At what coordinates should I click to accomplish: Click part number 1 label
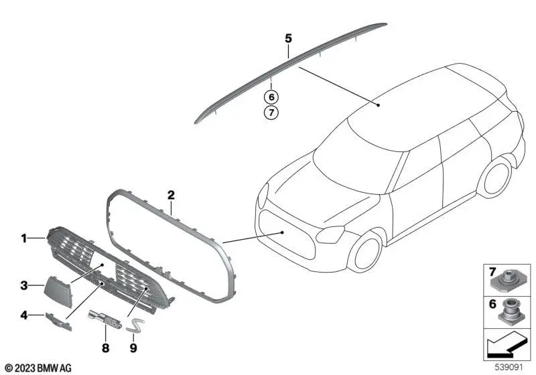click(23, 238)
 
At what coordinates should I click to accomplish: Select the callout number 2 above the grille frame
click(171, 196)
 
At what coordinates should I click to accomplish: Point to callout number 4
click(23, 314)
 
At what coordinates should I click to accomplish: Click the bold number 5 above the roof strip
click(288, 39)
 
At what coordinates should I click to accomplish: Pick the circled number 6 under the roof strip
click(271, 97)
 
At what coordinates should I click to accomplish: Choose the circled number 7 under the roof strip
click(271, 112)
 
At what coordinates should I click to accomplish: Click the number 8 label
click(105, 348)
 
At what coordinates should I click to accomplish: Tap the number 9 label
click(133, 348)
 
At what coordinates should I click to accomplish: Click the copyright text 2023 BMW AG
click(37, 368)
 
